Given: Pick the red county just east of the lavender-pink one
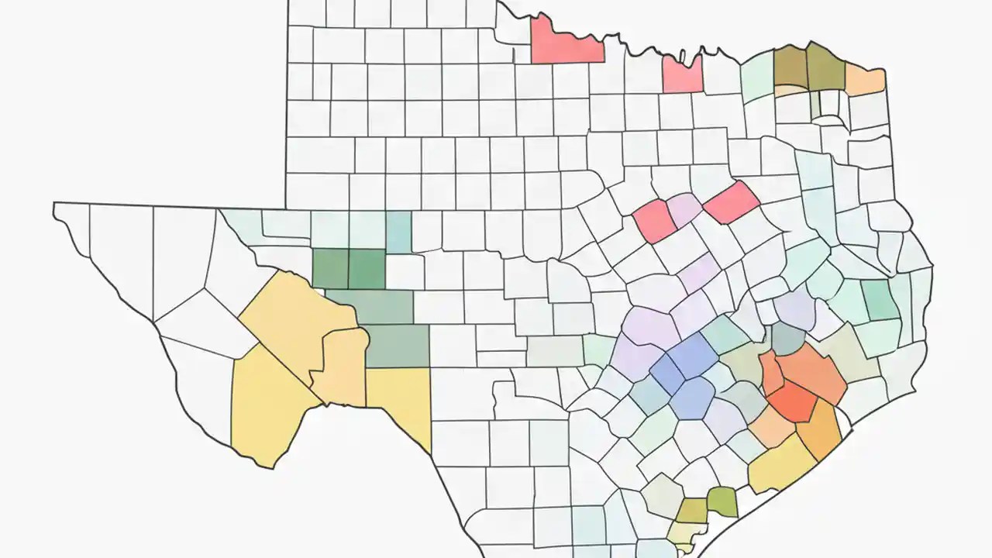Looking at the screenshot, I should click(x=731, y=203).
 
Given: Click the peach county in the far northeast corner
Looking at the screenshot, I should click(x=865, y=78).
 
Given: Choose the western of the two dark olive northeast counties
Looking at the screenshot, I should click(x=790, y=69).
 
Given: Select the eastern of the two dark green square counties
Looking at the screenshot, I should click(x=367, y=268).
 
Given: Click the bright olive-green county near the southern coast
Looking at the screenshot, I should click(x=722, y=501).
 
